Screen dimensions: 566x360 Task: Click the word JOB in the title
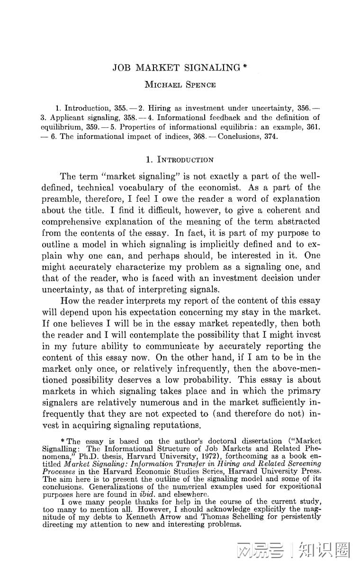(x=122, y=68)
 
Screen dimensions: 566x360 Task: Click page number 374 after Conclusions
(x=268, y=136)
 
